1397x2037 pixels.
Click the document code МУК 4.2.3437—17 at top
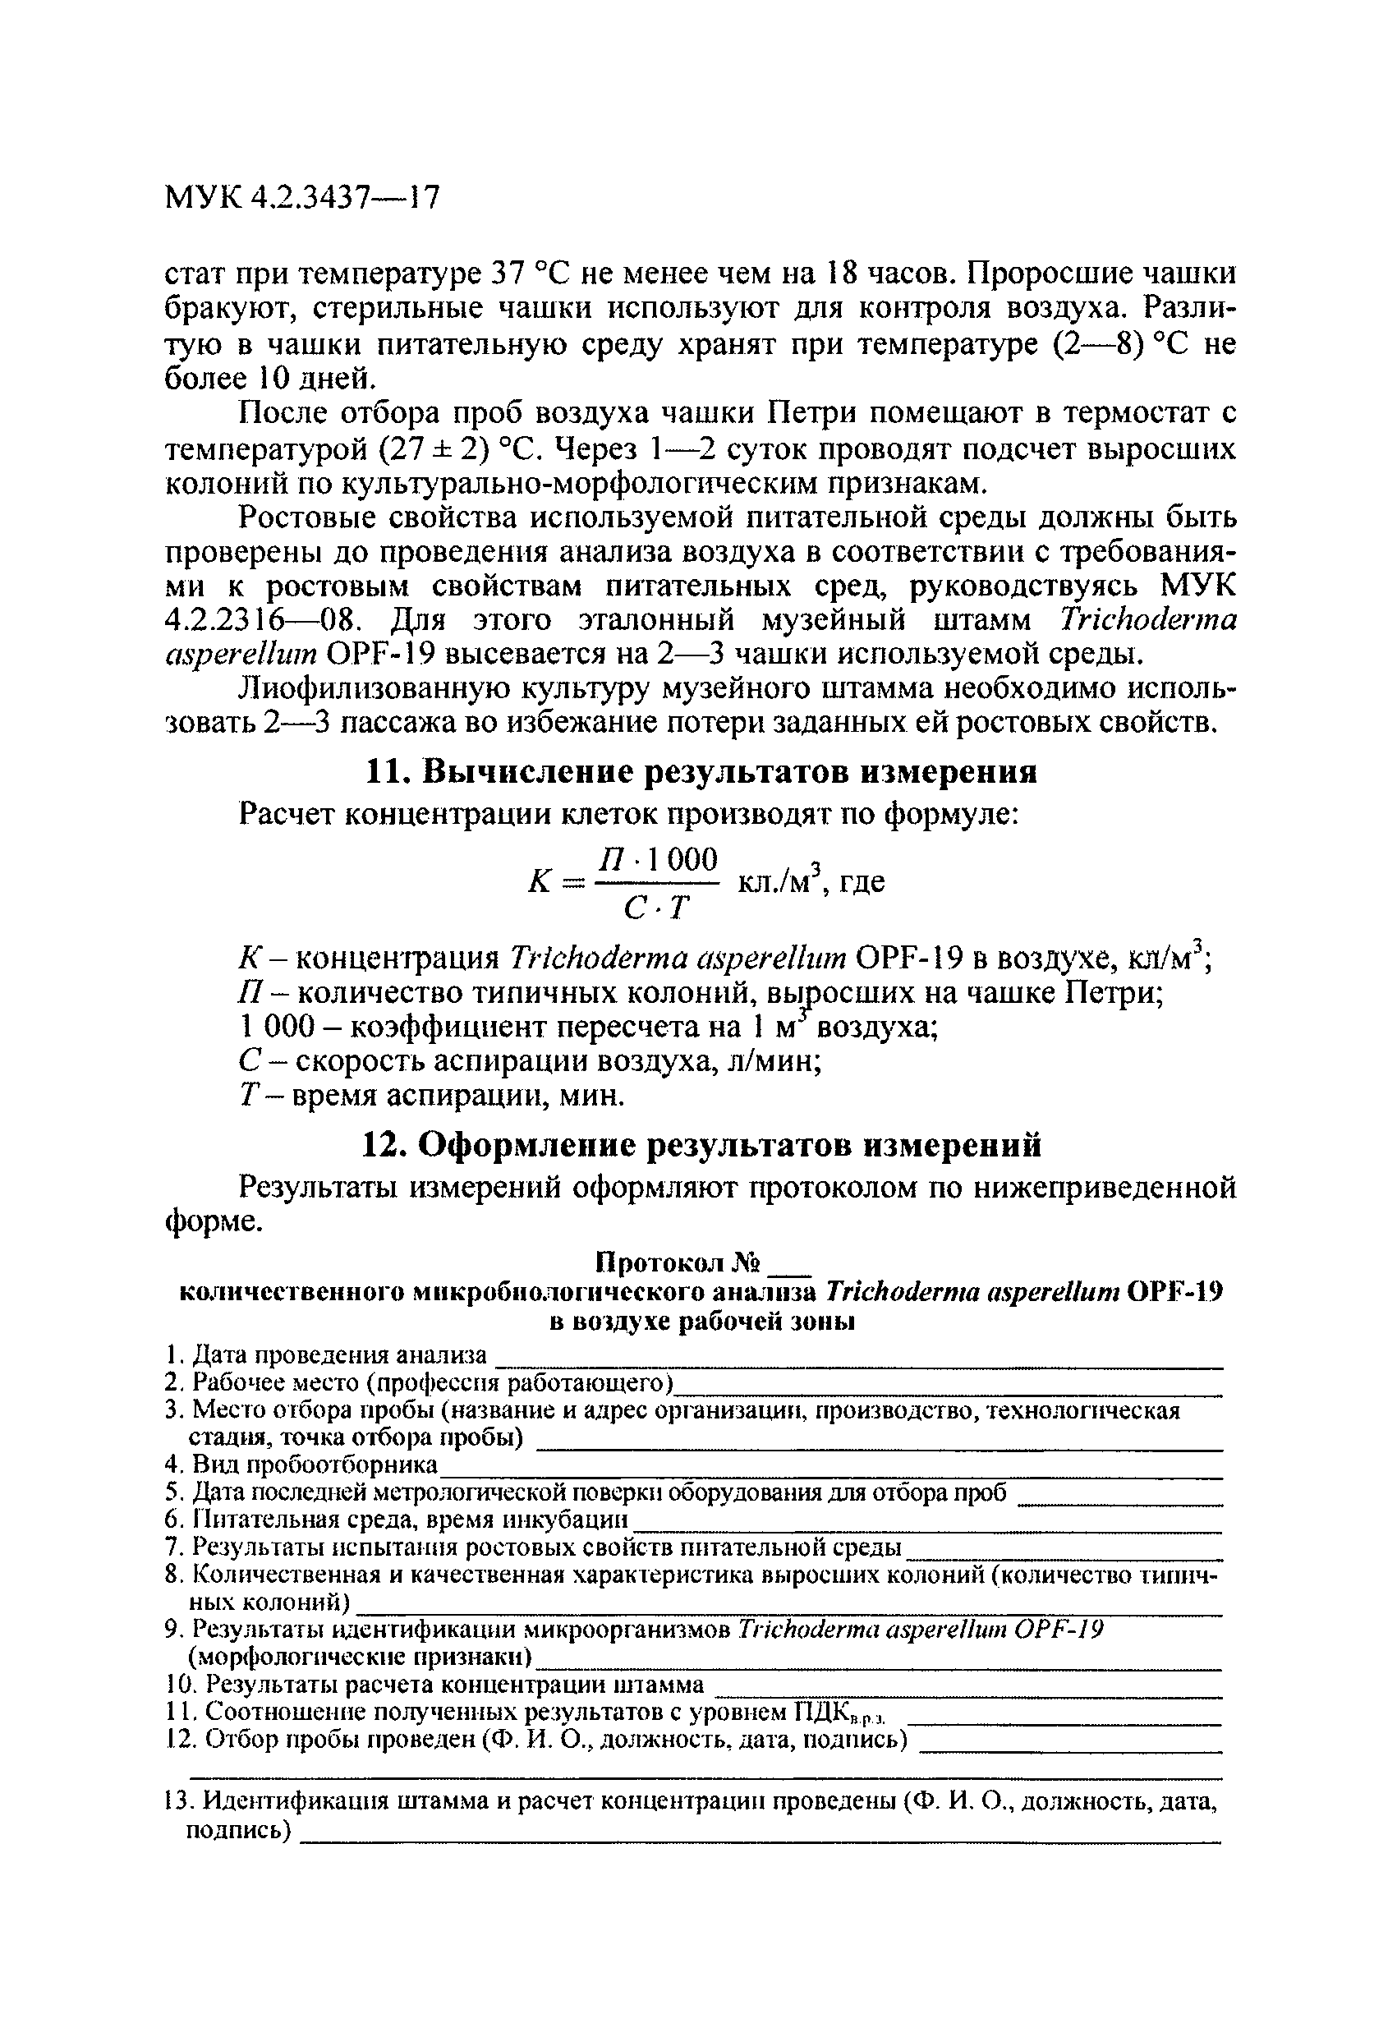pyautogui.click(x=301, y=198)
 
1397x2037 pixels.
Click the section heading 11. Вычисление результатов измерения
pyautogui.click(x=701, y=772)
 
